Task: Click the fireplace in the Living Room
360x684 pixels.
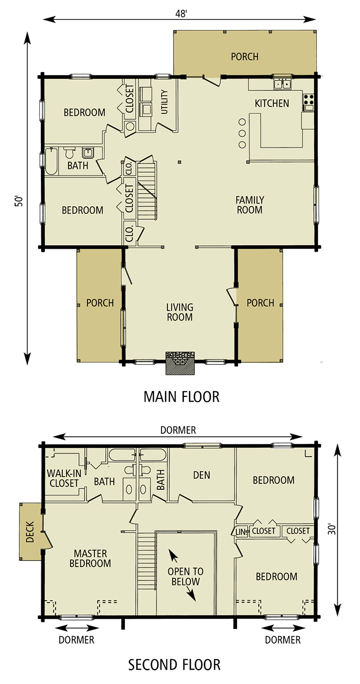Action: coord(180,363)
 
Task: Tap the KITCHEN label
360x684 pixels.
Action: coord(272,103)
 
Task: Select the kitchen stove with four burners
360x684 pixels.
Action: coord(308,100)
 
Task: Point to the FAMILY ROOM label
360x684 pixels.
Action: coord(250,205)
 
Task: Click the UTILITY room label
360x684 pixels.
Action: coord(164,102)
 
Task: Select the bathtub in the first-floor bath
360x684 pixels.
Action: coord(51,161)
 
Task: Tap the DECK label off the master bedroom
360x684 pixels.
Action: coord(30,532)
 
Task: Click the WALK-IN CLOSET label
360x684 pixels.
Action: coord(63,478)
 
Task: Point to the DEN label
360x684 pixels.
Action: coord(201,475)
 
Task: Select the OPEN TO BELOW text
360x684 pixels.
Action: coord(185,576)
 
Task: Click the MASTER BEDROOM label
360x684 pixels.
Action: coord(90,558)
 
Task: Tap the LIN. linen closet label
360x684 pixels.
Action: coord(242,531)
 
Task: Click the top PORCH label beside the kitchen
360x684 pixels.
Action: coord(245,57)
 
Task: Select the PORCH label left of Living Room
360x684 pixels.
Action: coord(100,303)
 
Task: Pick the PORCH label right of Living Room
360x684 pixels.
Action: coord(260,303)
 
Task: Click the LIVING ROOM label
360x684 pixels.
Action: coord(180,312)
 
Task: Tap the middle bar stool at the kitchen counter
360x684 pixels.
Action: coord(242,133)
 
